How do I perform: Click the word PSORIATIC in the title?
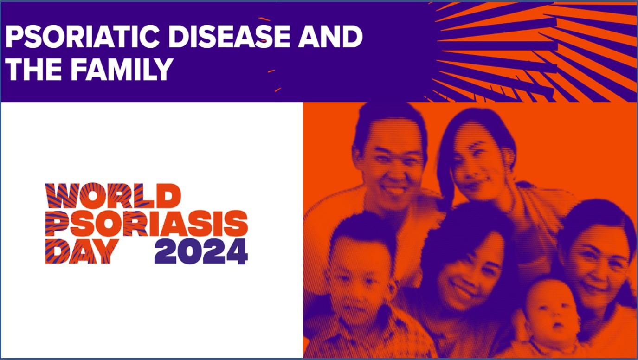[82, 37]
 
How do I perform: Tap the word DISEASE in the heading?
[229, 37]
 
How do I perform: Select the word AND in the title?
[330, 37]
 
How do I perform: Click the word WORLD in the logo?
[113, 196]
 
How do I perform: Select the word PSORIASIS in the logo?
[147, 223]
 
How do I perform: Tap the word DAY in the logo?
[82, 251]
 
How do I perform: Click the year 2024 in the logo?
[201, 251]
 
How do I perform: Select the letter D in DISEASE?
[180, 37]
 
